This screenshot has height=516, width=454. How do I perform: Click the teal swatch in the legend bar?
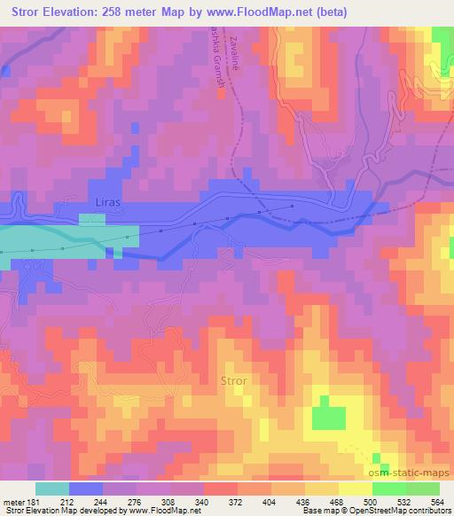(53, 489)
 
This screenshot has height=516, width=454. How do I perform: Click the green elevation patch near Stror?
(329, 415)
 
